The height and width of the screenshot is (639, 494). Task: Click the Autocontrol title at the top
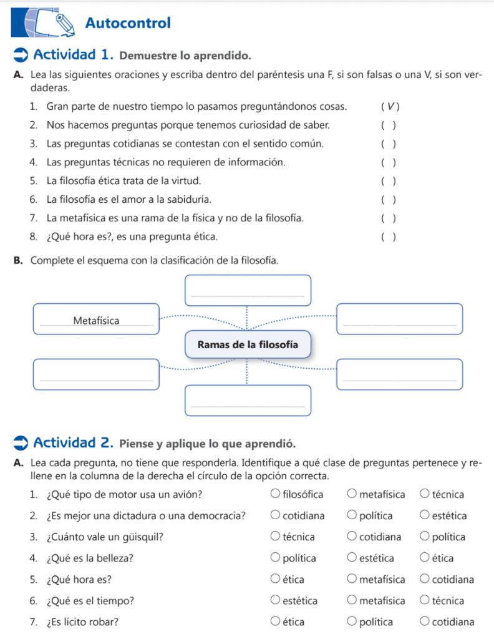tap(128, 24)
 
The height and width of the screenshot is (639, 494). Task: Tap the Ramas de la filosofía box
tap(248, 344)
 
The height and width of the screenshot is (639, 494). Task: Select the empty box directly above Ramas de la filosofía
tap(248, 290)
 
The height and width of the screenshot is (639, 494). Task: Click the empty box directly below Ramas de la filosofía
tap(248, 400)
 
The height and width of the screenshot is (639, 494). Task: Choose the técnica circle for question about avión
tap(424, 495)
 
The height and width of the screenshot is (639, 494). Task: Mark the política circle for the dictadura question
tap(352, 516)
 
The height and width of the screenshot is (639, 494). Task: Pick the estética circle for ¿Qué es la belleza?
tap(352, 558)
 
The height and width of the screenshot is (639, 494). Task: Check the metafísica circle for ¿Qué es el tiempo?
tap(352, 601)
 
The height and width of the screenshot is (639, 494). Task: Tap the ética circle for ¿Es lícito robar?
tap(276, 622)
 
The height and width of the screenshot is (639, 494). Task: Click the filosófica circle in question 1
tap(276, 495)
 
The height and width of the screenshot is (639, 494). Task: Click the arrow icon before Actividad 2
tap(20, 444)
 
